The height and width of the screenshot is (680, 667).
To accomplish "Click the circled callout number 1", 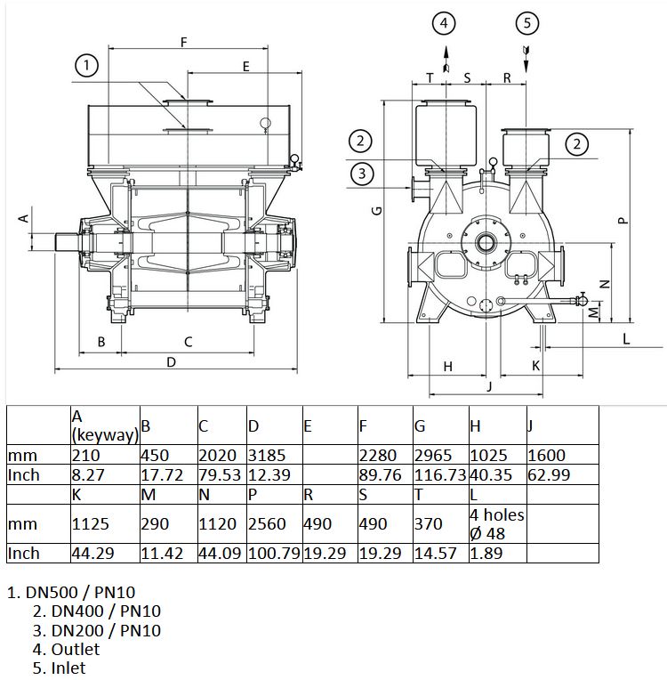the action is coord(86,66).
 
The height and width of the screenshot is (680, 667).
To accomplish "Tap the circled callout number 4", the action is coord(444,23).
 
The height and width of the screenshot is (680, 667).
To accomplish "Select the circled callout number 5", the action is coord(527,23).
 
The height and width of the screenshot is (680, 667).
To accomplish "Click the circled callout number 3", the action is coord(362,174).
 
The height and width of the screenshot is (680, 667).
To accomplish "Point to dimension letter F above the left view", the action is coord(184,42).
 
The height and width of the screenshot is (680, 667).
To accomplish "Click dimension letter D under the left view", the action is coord(171,361).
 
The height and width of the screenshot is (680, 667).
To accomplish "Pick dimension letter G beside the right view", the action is coord(377,211).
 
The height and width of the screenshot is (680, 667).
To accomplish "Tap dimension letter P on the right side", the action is coord(623,221).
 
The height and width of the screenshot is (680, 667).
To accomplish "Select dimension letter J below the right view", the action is coord(490,386).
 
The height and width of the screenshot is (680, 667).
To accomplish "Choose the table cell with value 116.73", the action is coord(440,475).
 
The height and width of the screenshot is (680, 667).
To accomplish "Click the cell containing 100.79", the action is coord(274,554).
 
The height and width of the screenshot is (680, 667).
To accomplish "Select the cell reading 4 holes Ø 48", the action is coord(497,524).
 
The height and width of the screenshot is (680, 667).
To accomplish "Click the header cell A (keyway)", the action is coord(105,425).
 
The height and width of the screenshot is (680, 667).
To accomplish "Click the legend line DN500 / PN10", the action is coord(71,592).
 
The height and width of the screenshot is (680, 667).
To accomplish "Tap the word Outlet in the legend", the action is coord(76,649).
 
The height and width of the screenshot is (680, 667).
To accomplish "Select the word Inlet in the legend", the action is coord(68,668).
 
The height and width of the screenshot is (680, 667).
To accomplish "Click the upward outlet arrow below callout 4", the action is coord(446,60).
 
